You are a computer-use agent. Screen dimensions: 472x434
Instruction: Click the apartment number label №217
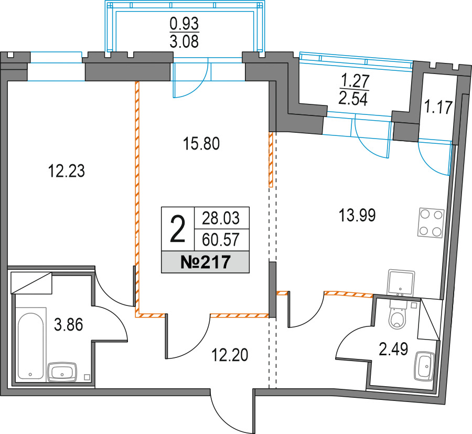[x=205, y=262]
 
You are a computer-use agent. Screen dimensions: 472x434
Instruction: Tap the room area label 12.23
[x=66, y=171]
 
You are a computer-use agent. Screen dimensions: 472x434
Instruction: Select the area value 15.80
[x=201, y=144]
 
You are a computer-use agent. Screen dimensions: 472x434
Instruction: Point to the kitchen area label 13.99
[x=357, y=216]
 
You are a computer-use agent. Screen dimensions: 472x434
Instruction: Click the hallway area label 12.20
[x=230, y=355]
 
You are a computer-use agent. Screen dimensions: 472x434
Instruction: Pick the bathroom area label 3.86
[x=68, y=325]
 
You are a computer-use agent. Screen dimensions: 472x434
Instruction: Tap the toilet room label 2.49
[x=393, y=350]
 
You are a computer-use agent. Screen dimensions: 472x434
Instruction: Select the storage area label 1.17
[x=438, y=107]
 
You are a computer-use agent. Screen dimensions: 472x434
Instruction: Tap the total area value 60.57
[x=221, y=240]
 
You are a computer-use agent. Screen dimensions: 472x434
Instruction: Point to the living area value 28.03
[x=221, y=218]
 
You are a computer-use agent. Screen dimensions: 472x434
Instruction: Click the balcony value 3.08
[x=184, y=41]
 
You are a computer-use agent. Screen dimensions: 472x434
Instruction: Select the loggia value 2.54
[x=353, y=99]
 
